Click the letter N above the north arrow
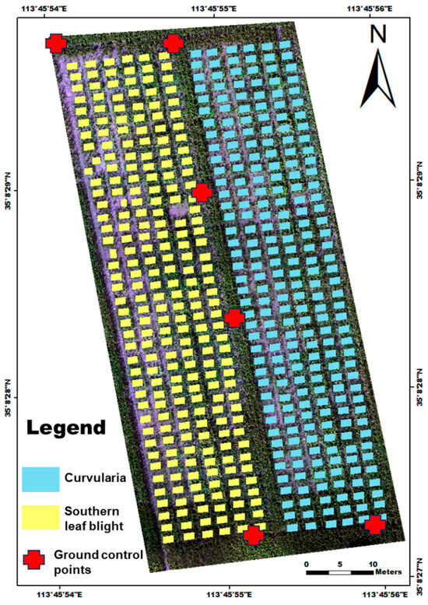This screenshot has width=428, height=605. pyautogui.click(x=378, y=34)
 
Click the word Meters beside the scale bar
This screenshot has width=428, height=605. pyautogui.click(x=389, y=572)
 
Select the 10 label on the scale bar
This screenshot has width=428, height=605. pyautogui.click(x=374, y=563)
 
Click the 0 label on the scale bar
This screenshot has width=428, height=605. pyautogui.click(x=307, y=563)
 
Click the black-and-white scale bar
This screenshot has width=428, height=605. pyautogui.click(x=340, y=573)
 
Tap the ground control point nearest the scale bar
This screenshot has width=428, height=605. pyautogui.click(x=375, y=524)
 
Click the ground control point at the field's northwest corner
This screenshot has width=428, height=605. pyautogui.click(x=56, y=43)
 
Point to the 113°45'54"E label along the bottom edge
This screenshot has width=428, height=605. pyautogui.click(x=65, y=596)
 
